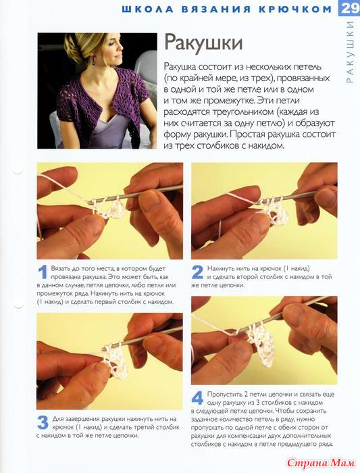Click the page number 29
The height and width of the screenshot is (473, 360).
pyautogui.click(x=349, y=8)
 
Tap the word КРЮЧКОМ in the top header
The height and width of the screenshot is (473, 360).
pyautogui.click(x=295, y=9)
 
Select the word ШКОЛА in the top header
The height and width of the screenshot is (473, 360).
pyautogui.click(x=147, y=9)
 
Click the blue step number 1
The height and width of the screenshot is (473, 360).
pyautogui.click(x=43, y=272)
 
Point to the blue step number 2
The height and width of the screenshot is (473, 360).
pyautogui.click(x=197, y=272)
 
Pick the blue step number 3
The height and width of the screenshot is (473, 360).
pyautogui.click(x=43, y=422)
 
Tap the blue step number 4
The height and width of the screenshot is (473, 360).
pyautogui.click(x=197, y=398)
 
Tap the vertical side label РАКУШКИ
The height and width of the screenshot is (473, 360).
pyautogui.click(x=350, y=52)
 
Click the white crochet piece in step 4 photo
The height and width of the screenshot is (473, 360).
pyautogui.click(x=261, y=345)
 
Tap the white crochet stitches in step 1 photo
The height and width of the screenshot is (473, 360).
pyautogui.click(x=109, y=209)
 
